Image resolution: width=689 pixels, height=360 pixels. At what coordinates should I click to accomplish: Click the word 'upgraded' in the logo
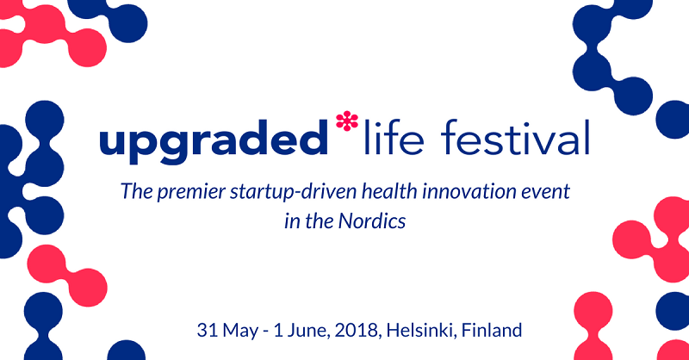point(214,140)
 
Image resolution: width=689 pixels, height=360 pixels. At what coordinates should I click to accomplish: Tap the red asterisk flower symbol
point(347,121)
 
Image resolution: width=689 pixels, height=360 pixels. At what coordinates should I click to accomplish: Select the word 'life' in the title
point(394,137)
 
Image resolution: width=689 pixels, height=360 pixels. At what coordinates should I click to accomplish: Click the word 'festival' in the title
point(515,137)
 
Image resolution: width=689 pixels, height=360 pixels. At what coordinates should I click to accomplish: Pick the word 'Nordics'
point(372,221)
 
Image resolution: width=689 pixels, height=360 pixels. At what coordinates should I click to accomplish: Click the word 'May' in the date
point(240,331)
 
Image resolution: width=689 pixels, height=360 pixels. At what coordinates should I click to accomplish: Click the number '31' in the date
point(208,330)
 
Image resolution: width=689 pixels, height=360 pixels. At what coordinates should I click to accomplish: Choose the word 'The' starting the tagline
point(137,192)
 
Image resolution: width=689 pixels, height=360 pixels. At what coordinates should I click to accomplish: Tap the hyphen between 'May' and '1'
point(266,332)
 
